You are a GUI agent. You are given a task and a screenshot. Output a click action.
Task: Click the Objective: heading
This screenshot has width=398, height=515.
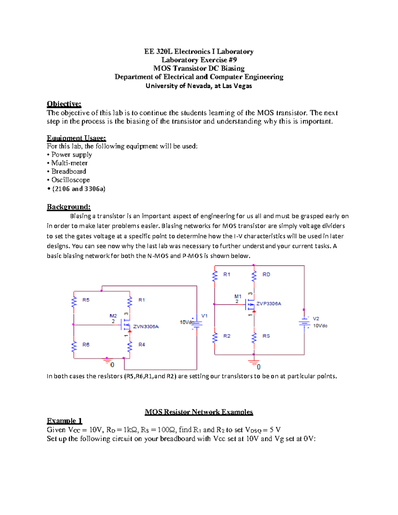pos(64,104)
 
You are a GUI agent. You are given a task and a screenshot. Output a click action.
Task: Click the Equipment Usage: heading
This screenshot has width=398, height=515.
pos(76,138)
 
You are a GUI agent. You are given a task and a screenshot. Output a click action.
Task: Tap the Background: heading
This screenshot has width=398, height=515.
pos(68,207)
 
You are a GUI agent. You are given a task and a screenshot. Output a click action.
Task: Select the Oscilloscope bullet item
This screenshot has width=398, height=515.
pos(70,180)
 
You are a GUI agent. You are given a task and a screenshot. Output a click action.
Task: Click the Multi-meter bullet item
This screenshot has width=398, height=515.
pos(69,163)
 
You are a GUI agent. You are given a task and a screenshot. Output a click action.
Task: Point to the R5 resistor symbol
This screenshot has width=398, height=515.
pos(74,302)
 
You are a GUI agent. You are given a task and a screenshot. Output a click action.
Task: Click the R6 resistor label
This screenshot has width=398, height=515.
pos(86,345)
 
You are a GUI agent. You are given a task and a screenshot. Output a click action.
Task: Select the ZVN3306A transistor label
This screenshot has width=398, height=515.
pos(146,327)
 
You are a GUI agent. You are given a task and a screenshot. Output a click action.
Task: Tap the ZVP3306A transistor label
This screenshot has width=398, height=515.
pos(269,303)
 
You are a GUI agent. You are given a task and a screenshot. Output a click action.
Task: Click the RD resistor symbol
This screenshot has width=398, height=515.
pos(254,276)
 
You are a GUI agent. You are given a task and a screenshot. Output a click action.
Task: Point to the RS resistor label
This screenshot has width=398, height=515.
pos(266,336)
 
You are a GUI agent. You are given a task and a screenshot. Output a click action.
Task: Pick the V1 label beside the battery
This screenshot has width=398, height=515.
pos(204,316)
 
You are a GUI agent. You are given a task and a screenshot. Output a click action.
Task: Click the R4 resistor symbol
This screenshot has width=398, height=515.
pos(130,346)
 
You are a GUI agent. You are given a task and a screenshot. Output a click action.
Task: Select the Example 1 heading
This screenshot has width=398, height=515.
pos(64,421)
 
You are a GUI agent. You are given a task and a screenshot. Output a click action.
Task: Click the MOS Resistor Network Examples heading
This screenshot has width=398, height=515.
pos(199,412)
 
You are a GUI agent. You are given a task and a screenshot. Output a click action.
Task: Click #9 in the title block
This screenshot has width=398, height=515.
pos(232,60)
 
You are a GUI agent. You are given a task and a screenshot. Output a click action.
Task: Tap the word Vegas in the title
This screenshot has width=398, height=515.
pos(243,86)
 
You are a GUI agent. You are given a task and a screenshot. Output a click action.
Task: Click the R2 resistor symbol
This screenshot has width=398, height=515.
pos(215,338)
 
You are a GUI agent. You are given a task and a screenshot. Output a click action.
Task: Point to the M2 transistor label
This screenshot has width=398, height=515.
pos(113,316)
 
